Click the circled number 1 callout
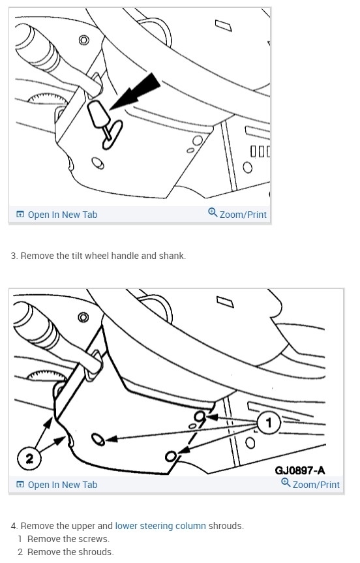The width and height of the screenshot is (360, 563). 269,423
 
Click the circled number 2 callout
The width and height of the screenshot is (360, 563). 29,458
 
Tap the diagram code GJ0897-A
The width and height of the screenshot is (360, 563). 300,470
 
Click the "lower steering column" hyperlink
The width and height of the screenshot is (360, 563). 160,526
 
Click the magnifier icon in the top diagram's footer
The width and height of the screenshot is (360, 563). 213,213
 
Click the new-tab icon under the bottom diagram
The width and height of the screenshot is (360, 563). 20,485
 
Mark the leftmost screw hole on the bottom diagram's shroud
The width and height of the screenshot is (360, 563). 98,440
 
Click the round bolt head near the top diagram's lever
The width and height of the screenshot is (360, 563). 84,40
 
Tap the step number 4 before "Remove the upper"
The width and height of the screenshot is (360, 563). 14,526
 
